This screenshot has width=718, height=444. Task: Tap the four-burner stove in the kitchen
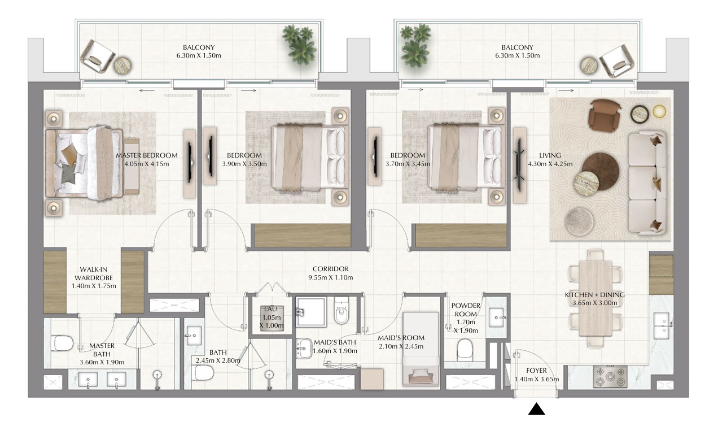[x=610, y=377]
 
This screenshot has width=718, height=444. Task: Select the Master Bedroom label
[x=147, y=155]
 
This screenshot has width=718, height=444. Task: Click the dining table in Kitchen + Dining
[x=596, y=298]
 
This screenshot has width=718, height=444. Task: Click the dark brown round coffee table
[x=601, y=171]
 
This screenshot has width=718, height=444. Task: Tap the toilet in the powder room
[x=465, y=349]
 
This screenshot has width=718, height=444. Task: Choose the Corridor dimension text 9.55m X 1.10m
[x=330, y=277]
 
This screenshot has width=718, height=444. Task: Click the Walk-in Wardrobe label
[x=94, y=273]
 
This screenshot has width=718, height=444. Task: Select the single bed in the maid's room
[x=421, y=349]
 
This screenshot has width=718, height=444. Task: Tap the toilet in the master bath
[x=63, y=343]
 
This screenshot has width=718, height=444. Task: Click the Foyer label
[x=536, y=371]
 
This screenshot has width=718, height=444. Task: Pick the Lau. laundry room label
[x=272, y=309]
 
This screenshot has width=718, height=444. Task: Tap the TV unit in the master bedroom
[x=190, y=164]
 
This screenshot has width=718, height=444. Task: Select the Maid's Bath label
[x=335, y=342]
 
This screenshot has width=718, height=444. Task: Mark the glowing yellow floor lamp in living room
[x=659, y=111]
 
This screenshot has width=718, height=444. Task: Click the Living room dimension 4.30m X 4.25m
[x=550, y=164]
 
